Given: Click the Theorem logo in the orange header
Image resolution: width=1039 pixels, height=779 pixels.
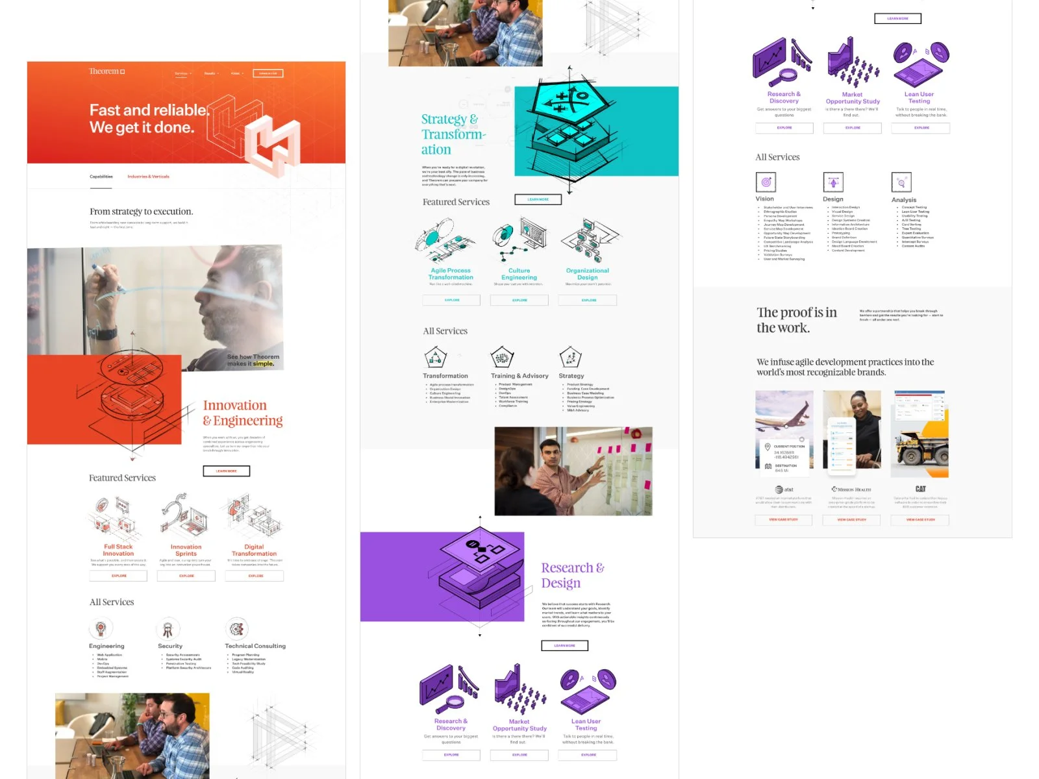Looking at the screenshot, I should (x=106, y=71).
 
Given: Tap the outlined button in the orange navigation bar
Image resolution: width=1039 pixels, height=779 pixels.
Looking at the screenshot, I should (x=268, y=73).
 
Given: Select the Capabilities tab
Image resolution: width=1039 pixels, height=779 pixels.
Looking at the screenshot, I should (x=101, y=177).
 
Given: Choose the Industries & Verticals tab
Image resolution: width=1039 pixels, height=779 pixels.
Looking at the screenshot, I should (x=148, y=177).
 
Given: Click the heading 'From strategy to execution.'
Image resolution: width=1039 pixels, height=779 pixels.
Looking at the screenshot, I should (x=141, y=212).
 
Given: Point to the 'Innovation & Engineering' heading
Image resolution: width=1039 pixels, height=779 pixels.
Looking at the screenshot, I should (x=242, y=413).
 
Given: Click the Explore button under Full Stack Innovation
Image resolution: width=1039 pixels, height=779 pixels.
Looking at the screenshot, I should (x=119, y=576).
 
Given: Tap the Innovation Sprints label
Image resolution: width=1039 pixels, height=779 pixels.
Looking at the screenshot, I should (x=186, y=550).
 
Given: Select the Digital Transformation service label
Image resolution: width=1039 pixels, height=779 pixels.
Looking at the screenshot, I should (x=254, y=550).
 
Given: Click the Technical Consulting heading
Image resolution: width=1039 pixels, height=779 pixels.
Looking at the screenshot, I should (x=255, y=646).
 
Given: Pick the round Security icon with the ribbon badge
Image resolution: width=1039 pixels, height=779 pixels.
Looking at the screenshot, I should (x=168, y=628).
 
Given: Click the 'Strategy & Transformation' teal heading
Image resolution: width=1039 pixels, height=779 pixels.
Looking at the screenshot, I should (x=453, y=134).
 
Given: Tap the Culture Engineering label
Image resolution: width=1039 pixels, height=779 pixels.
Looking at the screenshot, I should (x=519, y=274).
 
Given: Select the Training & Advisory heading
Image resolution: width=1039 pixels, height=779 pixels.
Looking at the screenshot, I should (x=519, y=376).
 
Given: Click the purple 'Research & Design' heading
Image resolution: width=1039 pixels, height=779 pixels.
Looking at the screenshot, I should (x=572, y=575).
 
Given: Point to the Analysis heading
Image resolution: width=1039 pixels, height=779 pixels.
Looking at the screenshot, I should (x=904, y=200).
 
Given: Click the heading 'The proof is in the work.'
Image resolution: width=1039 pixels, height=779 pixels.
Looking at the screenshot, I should (x=796, y=320).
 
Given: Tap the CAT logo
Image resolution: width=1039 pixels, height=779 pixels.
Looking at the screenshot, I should (x=920, y=489).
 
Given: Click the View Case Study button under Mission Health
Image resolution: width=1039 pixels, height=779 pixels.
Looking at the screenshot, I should (x=851, y=520).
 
